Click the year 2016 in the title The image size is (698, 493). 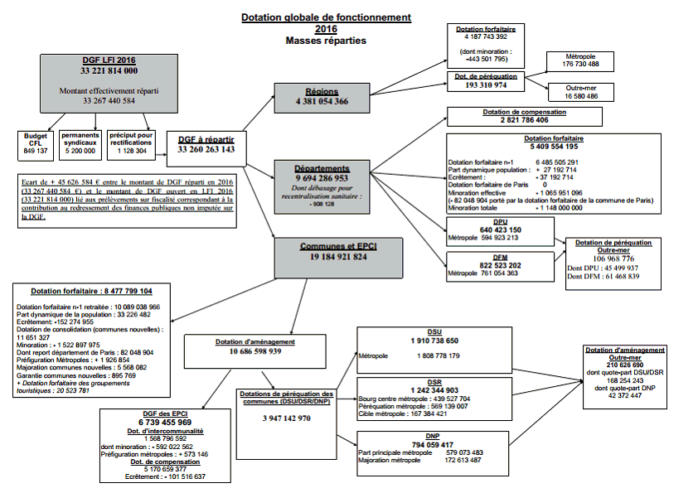[326, 28]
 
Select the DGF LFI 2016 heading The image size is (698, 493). [109, 60]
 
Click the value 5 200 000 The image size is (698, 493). [80, 151]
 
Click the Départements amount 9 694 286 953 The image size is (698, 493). [322, 177]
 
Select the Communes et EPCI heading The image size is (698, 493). [337, 246]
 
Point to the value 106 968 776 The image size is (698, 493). [613, 258]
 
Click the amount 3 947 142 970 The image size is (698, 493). [287, 418]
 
